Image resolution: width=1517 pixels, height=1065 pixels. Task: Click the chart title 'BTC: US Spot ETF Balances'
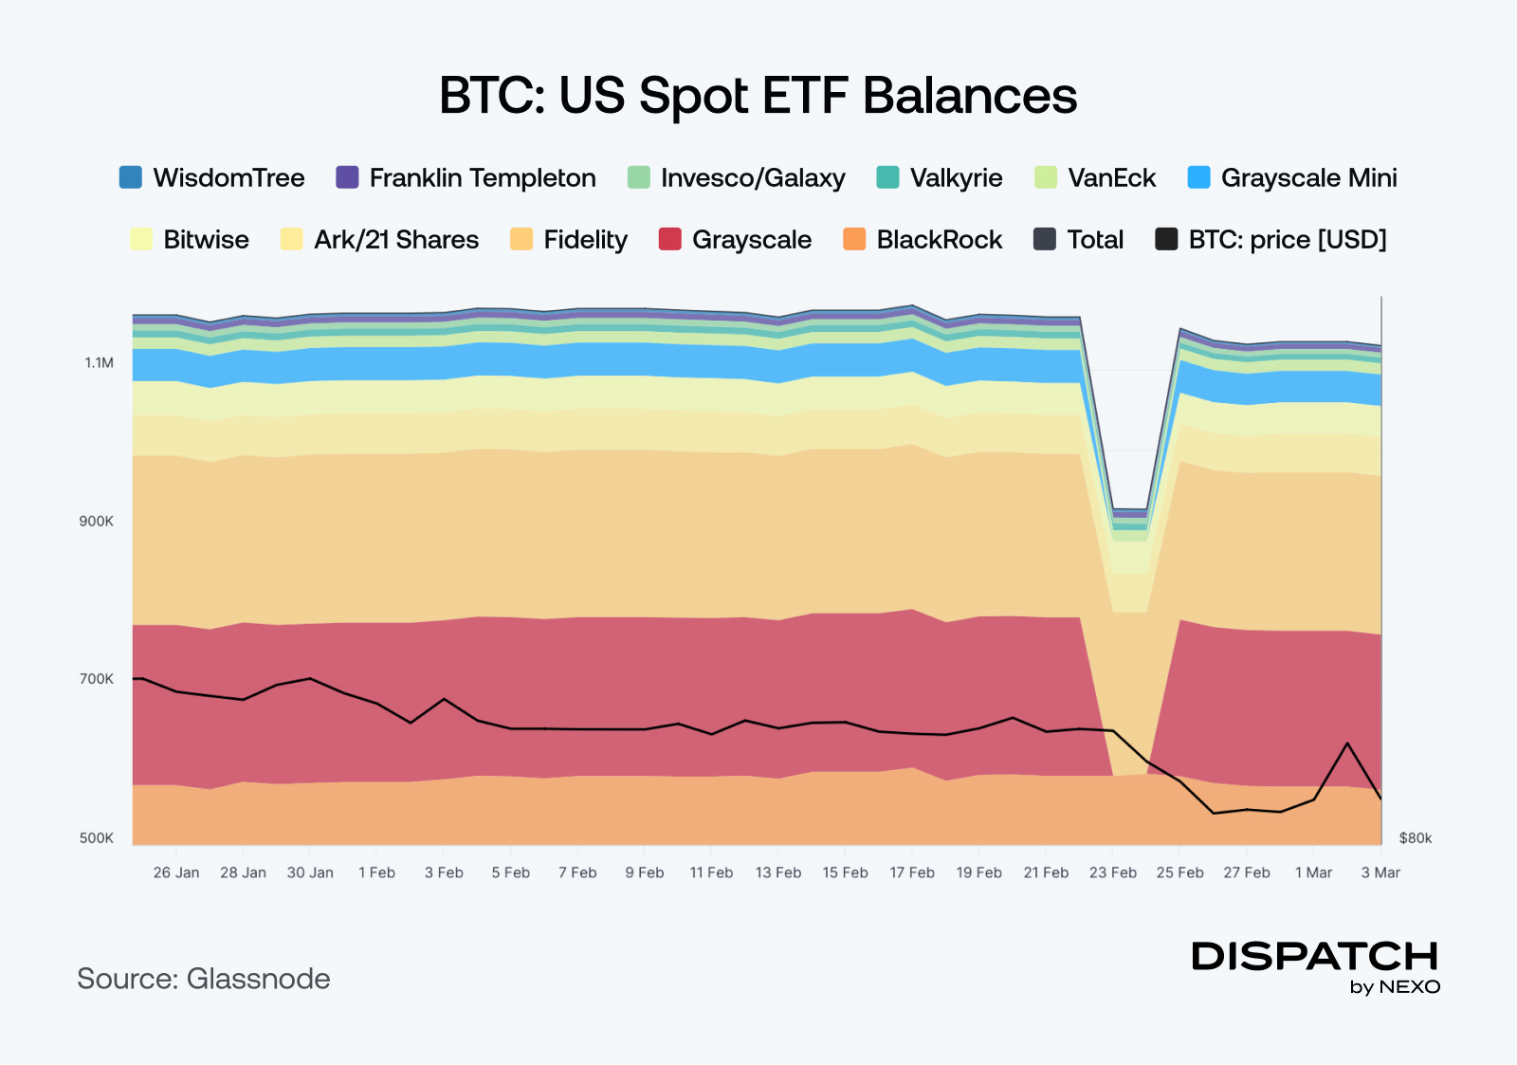758,96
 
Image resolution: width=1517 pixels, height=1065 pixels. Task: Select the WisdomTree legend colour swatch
131,177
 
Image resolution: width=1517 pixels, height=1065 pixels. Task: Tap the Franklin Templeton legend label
483,177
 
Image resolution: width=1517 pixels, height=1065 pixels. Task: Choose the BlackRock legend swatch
854,239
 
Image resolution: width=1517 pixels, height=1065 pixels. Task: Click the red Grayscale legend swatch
670,239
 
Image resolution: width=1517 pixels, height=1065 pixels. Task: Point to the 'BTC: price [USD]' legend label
1288,239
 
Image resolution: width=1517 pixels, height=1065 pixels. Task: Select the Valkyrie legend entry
956,177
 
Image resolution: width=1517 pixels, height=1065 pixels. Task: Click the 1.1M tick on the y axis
99,362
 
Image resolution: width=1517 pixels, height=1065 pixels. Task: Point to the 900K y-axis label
96,521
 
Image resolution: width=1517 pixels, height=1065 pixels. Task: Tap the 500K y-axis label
96,837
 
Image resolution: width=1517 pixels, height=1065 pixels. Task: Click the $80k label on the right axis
1416,837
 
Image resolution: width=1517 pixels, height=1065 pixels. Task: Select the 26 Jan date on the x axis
176,872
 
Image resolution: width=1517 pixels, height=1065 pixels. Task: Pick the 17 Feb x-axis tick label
912,872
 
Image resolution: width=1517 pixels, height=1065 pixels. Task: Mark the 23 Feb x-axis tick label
1113,872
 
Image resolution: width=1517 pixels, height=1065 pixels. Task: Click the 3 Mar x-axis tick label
1380,872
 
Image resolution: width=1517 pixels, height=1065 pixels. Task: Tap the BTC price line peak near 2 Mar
1347,743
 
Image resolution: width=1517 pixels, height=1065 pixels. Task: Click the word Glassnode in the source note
258,979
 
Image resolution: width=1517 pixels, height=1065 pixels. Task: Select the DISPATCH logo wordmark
1315,956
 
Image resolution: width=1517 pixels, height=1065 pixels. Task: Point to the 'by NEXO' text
1395,986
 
